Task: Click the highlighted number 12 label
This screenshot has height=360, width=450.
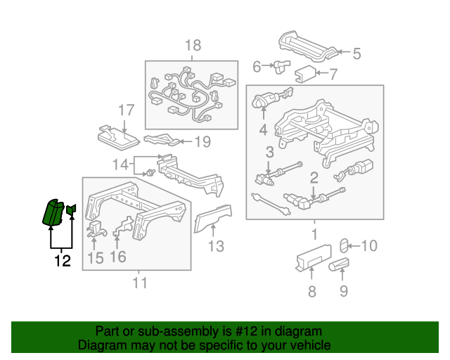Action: click(x=63, y=261)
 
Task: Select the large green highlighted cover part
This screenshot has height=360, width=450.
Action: click(x=53, y=212)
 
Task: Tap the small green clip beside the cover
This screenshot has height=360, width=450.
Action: click(x=71, y=210)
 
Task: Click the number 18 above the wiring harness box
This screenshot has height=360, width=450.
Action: click(x=193, y=46)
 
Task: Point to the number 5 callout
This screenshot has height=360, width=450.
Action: click(x=356, y=53)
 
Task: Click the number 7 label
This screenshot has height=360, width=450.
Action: click(x=333, y=74)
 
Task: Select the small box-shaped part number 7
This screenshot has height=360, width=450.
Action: click(x=305, y=74)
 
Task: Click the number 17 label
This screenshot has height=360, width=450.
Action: click(x=127, y=110)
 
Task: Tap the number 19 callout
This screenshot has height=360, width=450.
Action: click(x=202, y=141)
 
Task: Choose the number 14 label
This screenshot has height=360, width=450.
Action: click(x=120, y=165)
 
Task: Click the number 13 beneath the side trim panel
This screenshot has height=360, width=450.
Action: click(x=216, y=246)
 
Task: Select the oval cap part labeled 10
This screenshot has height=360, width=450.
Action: click(x=344, y=245)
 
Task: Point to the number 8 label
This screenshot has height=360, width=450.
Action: click(x=312, y=291)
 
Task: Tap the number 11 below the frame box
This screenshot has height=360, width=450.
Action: click(x=140, y=283)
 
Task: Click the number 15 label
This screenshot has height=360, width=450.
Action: click(x=96, y=258)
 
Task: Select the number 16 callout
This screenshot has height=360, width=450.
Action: click(x=118, y=257)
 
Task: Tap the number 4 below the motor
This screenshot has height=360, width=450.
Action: click(x=263, y=130)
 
